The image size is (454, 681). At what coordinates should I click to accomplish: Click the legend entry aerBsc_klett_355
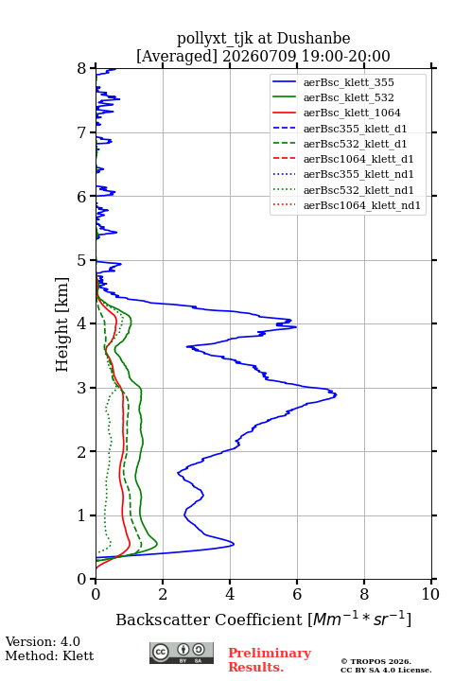(348, 82)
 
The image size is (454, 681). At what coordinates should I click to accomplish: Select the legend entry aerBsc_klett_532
(348, 97)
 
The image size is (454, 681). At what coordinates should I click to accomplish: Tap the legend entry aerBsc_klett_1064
(352, 113)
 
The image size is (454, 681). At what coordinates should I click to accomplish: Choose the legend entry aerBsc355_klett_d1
(355, 129)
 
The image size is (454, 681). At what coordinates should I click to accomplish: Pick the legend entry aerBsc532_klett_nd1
(358, 190)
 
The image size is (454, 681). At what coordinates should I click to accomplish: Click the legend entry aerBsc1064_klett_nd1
(362, 205)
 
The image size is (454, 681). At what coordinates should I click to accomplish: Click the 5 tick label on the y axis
(82, 261)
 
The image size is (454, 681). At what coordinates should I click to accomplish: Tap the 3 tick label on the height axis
(82, 388)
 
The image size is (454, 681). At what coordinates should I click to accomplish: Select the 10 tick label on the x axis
(430, 594)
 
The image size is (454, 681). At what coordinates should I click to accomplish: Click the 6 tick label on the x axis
(297, 594)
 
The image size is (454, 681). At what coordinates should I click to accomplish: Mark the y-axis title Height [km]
(61, 324)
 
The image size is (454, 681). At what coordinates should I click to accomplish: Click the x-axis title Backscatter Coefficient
(209, 620)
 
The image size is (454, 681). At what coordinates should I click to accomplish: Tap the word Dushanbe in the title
(313, 38)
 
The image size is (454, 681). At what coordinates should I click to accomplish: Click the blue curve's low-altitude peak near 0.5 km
(234, 544)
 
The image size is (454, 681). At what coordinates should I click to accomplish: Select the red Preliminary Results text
(270, 660)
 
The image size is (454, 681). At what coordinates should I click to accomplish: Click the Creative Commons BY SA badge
(182, 654)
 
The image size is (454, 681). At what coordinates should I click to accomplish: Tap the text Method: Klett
(49, 655)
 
